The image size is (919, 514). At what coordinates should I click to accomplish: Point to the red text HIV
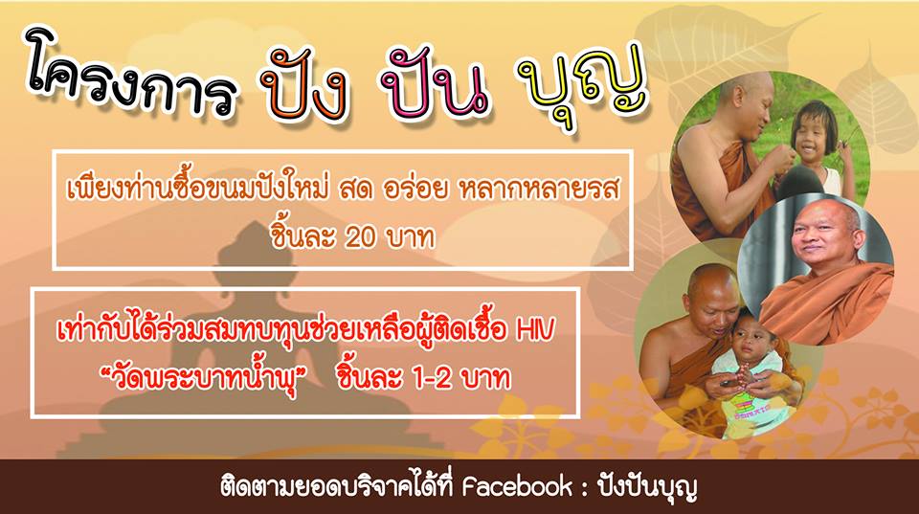pyautogui.click(x=534, y=331)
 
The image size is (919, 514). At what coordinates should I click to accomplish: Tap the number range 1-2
pyautogui.click(x=432, y=379)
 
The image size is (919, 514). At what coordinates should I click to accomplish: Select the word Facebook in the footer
pyautogui.click(x=517, y=487)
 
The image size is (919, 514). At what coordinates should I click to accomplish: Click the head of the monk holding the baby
pyautogui.click(x=711, y=296)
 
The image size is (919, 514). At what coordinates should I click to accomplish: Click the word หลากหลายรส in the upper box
pyautogui.click(x=539, y=190)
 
